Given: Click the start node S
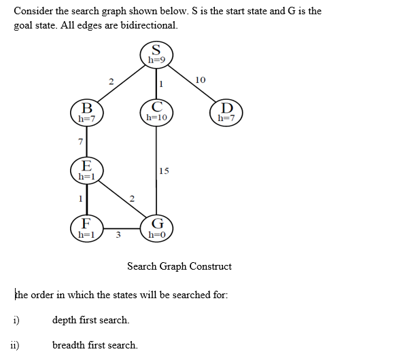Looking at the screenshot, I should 156,54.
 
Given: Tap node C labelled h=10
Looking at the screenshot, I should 156,111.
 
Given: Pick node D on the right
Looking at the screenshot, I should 226,111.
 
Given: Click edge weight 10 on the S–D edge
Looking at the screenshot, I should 200,81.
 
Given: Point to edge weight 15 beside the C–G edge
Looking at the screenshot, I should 164,171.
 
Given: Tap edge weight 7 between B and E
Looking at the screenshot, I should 80,141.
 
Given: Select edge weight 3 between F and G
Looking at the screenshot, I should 118,236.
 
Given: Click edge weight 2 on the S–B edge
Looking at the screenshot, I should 110,82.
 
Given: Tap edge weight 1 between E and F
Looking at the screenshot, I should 80,199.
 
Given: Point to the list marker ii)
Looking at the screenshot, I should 14,344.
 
